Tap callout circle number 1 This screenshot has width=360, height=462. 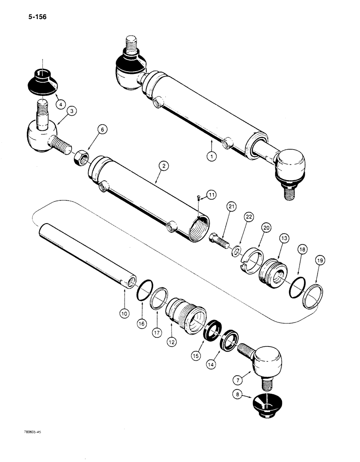(211, 157)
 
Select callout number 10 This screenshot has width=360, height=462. (124, 314)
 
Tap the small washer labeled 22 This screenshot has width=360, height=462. (236, 251)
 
